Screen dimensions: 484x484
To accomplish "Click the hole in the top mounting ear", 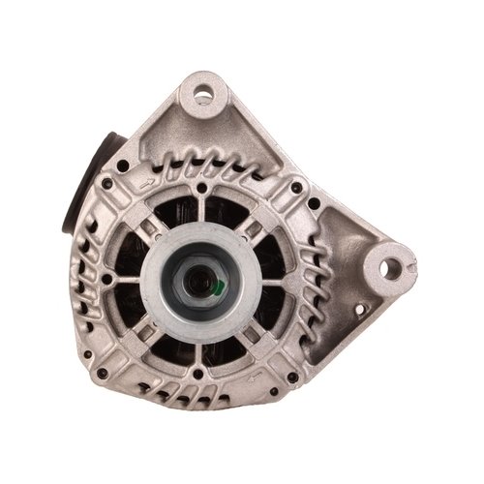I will point(203,95).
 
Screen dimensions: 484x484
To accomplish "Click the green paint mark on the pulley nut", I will point(226,287).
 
